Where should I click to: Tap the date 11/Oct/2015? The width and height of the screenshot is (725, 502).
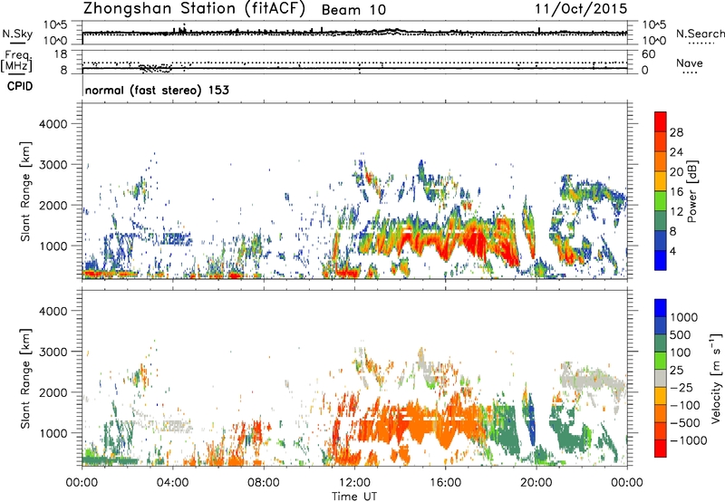581,8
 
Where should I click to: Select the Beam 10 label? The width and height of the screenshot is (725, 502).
353,10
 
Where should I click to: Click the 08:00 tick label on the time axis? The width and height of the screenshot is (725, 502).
264,483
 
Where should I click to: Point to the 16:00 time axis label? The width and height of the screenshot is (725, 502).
445,483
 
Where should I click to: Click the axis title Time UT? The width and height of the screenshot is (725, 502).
354,496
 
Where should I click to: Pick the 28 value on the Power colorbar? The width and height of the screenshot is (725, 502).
676,132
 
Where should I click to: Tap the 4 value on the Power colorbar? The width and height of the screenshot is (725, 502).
672,251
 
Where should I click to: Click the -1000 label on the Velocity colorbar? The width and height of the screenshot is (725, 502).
689,440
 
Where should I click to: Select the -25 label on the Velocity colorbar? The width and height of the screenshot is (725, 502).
681,387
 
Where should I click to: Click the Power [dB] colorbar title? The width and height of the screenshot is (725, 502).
691,191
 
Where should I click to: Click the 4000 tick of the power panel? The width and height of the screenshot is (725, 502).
53,124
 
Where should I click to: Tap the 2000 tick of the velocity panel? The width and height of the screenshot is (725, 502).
53,392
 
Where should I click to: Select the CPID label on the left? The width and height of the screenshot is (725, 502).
20,86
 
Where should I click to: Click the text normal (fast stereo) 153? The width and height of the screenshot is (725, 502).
157,90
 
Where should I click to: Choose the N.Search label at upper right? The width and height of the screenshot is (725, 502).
700,34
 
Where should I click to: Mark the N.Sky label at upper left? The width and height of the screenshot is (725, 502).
17,34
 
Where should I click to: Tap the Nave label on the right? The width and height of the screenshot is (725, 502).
690,63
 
